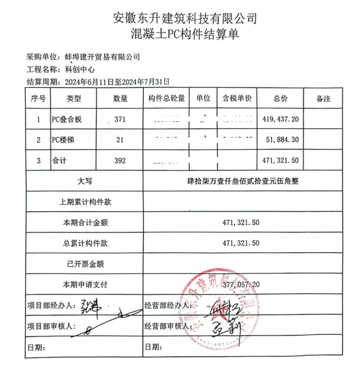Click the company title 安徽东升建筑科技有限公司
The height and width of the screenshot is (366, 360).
(185, 19)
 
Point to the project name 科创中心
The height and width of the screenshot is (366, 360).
(73, 69)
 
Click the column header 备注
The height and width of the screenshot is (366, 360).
(323, 99)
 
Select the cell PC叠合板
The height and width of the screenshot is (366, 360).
(66, 119)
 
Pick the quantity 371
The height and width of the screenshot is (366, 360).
(120, 119)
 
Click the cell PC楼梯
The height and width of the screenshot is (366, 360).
(63, 140)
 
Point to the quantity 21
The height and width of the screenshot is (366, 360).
(120, 140)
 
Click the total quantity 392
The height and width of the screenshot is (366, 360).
(120, 161)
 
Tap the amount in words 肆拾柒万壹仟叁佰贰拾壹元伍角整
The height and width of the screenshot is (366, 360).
(241, 181)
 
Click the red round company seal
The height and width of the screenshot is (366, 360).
(218, 307)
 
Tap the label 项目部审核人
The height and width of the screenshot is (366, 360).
(52, 326)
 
